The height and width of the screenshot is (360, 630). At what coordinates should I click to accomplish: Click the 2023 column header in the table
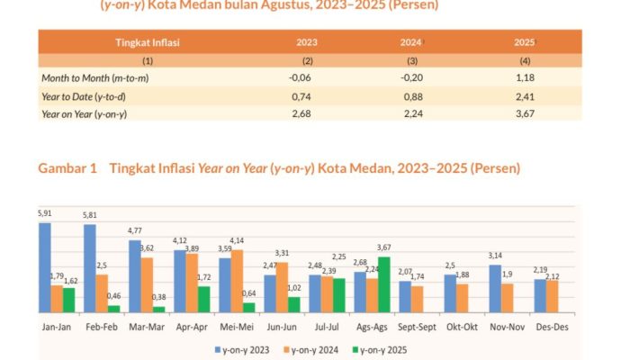point(306,42)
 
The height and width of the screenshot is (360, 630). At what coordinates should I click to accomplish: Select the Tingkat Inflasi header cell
point(148,42)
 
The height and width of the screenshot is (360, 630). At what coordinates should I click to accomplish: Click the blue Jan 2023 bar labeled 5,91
point(45,266)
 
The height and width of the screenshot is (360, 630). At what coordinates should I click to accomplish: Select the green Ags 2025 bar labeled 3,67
point(384,283)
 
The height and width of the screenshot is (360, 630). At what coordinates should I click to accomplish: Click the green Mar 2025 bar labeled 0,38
point(159,309)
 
